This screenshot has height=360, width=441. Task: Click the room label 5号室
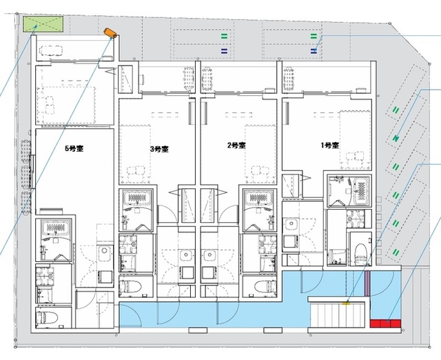point(74,148)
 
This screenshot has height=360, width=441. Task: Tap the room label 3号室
point(159,149)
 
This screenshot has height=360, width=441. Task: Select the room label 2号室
point(236,146)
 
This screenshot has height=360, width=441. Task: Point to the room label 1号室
point(330,146)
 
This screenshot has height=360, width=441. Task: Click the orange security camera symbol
point(110,33)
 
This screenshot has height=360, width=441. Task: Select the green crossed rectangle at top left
point(43,24)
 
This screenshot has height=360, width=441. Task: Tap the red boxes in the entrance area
point(385,323)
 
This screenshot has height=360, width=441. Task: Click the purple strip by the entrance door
point(367,283)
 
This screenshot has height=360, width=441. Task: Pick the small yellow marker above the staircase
point(346,303)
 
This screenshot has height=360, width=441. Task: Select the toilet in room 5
point(48,317)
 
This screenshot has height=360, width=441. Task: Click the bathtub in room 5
point(55,228)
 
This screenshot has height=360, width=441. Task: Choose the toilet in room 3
point(130,287)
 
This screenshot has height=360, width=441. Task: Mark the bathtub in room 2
point(259,198)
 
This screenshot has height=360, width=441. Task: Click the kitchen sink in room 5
point(104,251)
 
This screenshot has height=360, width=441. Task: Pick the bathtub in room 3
point(136,198)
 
